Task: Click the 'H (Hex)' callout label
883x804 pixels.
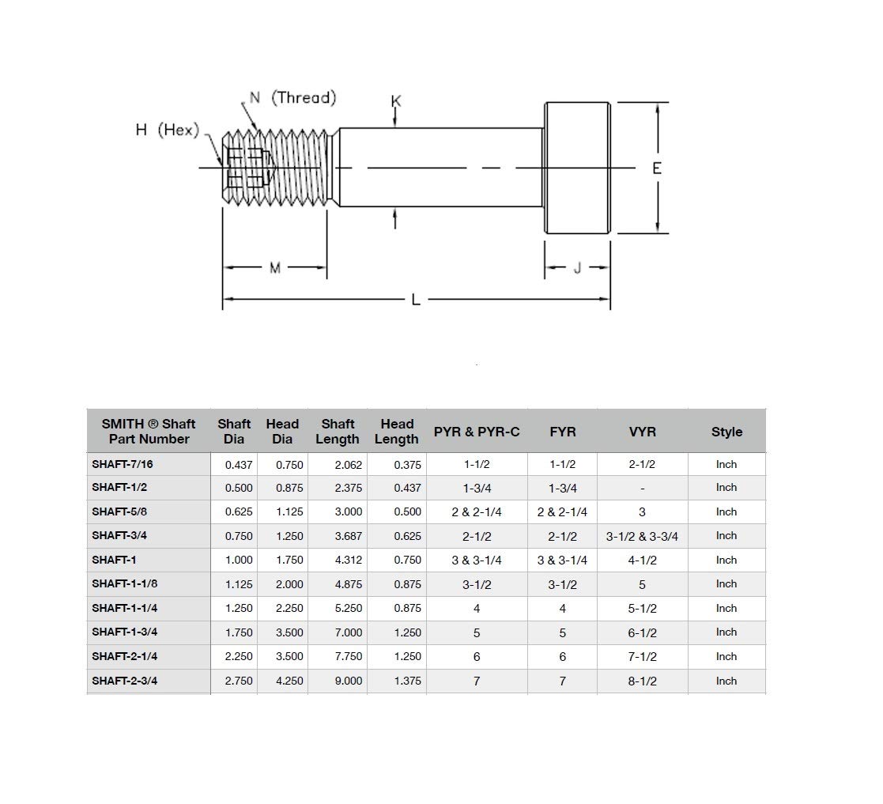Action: (x=167, y=130)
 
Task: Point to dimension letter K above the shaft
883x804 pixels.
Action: (x=396, y=101)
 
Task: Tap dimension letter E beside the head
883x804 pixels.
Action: (x=657, y=168)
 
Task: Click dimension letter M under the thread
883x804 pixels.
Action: (x=275, y=268)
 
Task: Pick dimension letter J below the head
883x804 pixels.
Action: (x=577, y=268)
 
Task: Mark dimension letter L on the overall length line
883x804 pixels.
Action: (x=416, y=300)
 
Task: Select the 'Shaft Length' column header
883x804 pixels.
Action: (x=338, y=432)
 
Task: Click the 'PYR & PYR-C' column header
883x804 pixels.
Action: (x=477, y=432)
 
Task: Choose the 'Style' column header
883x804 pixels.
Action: (x=726, y=432)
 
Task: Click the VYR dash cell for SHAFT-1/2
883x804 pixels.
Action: (x=642, y=489)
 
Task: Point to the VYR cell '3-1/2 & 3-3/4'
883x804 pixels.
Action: (x=642, y=536)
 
